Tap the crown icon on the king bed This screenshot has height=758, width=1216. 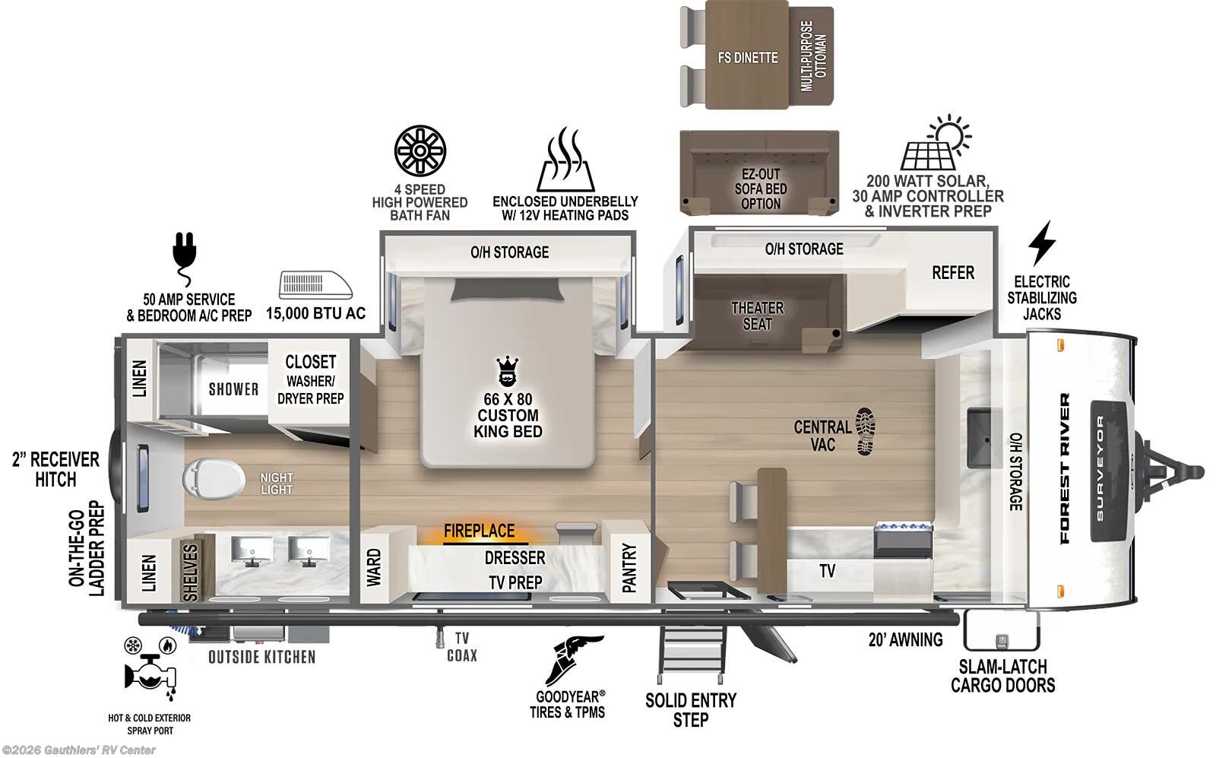(507, 372)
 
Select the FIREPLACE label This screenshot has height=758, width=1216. (479, 531)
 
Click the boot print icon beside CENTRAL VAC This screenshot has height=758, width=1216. (866, 431)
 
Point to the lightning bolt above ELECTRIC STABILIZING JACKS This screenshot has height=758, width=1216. (1041, 243)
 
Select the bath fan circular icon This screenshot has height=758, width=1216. (420, 151)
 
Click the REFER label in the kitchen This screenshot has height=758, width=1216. (952, 272)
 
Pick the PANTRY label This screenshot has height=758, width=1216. (629, 567)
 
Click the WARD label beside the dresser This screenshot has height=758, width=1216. (374, 568)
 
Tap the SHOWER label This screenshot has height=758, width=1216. (233, 389)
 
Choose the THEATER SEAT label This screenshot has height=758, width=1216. (757, 316)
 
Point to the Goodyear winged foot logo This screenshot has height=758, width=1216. (572, 659)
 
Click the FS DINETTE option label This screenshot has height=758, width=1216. (748, 58)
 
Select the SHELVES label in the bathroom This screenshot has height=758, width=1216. (191, 571)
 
